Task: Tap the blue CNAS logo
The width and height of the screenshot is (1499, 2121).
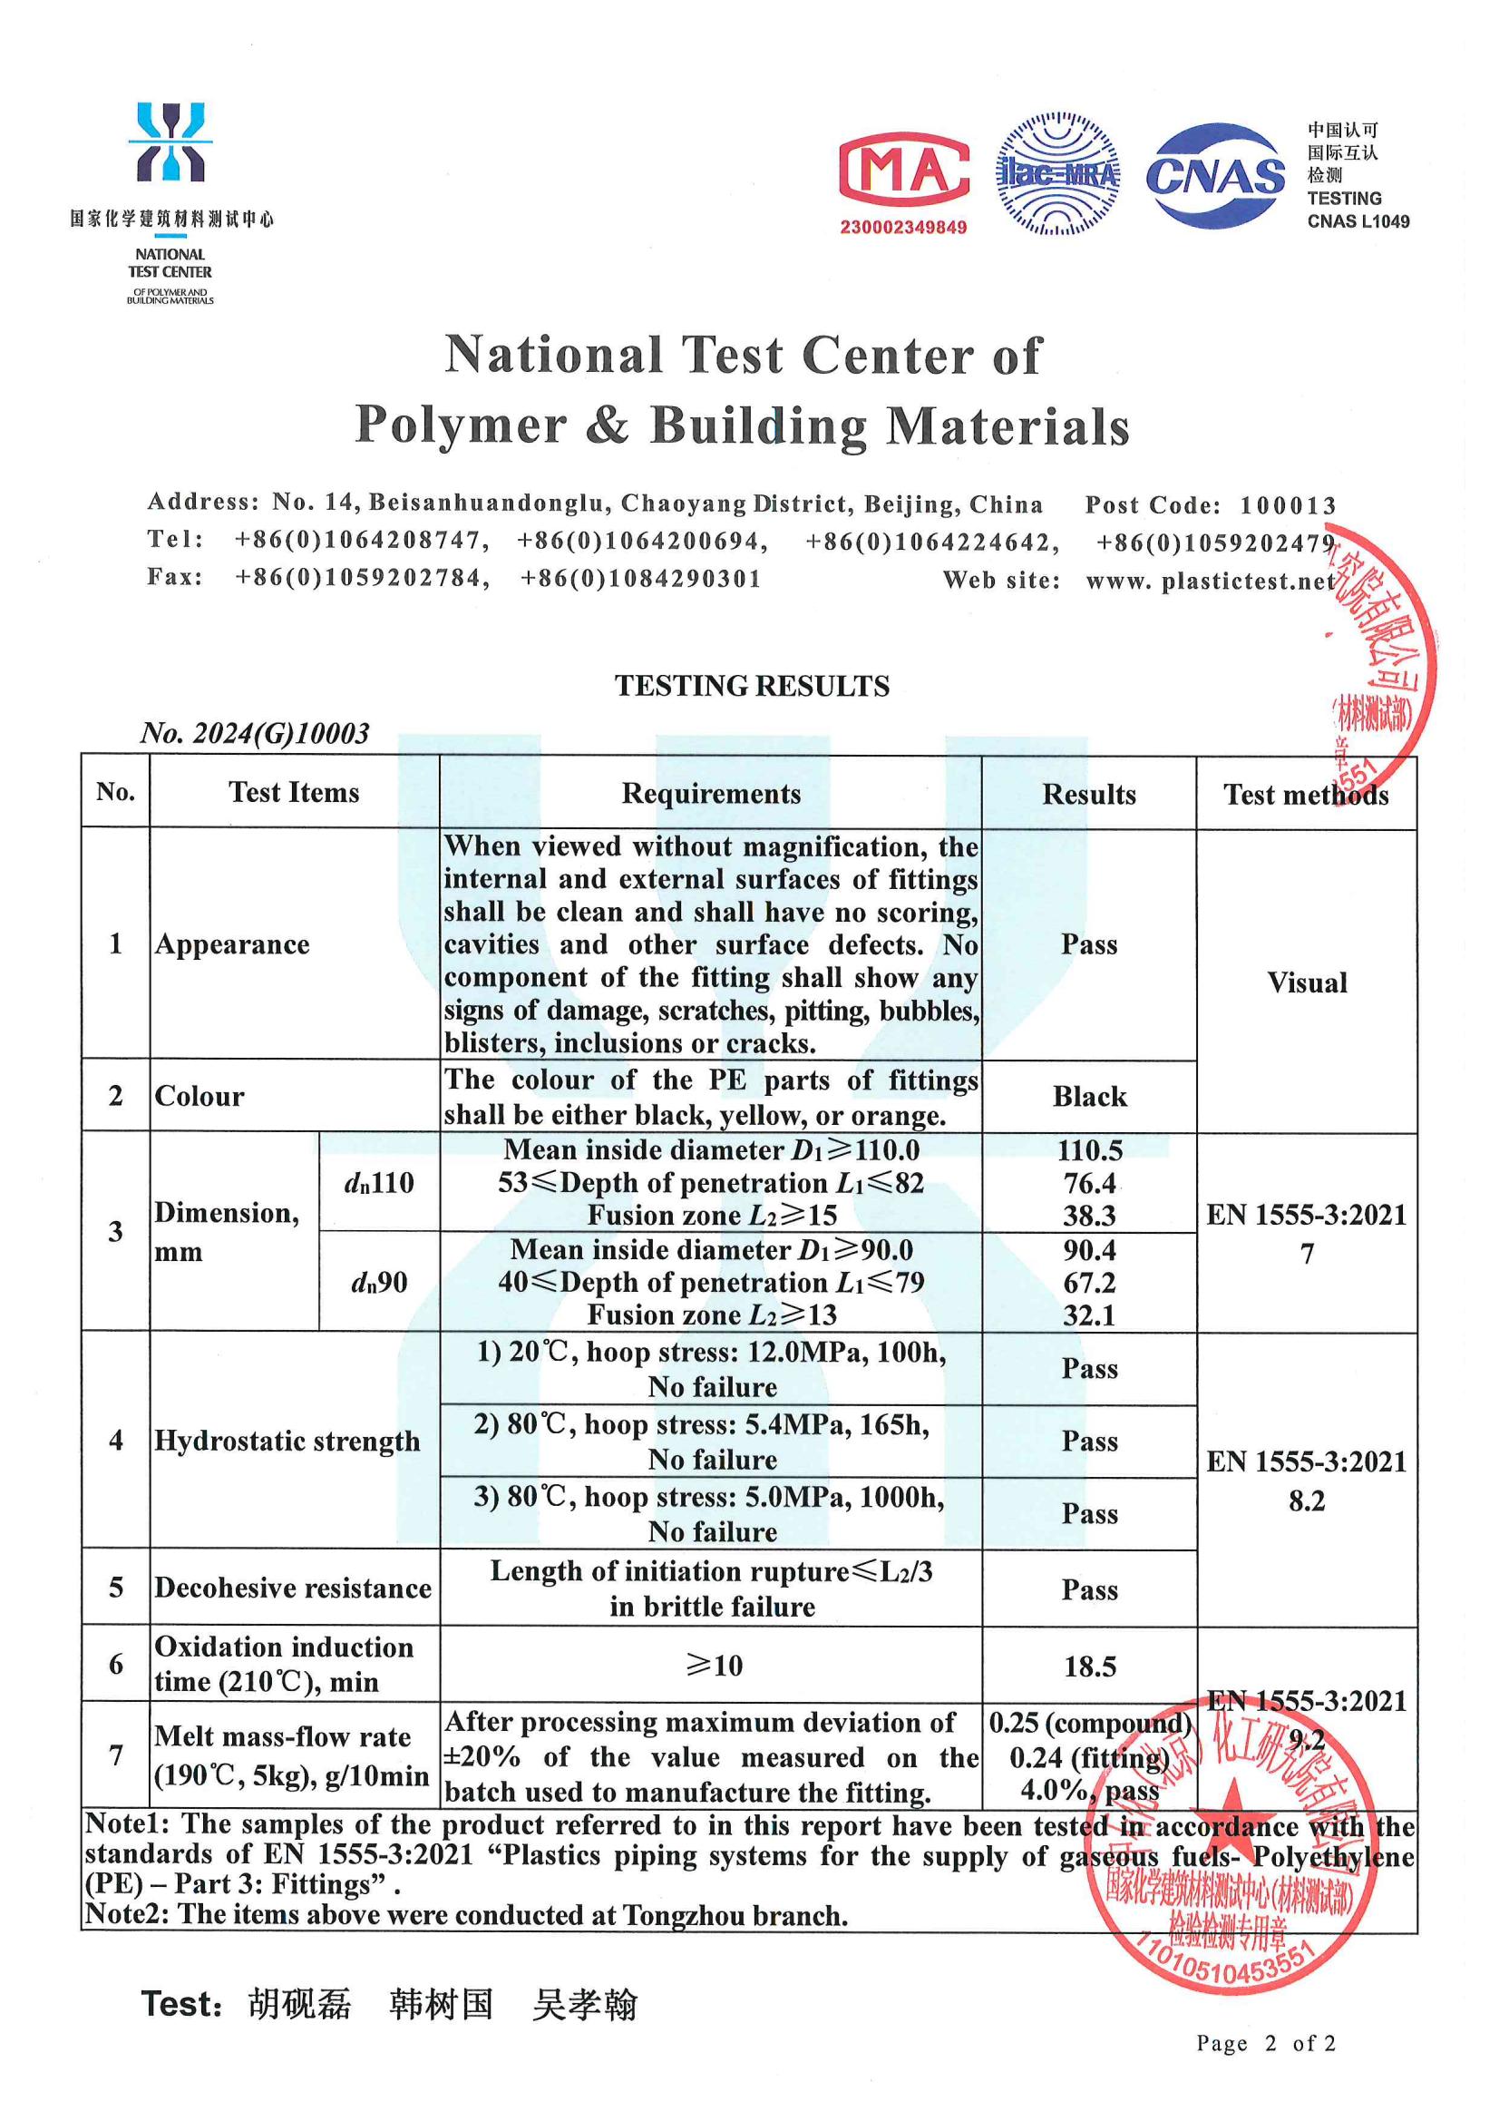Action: (x=1214, y=175)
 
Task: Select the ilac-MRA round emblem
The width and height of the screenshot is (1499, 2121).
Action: (x=1057, y=173)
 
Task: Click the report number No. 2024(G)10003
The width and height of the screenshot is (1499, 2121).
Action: (x=255, y=733)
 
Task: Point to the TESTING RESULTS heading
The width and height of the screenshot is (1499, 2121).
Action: (x=752, y=686)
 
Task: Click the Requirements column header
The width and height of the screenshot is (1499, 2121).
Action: (x=710, y=794)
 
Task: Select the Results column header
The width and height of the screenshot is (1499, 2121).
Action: (x=1089, y=795)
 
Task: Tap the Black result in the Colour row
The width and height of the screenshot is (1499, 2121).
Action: (x=1090, y=1097)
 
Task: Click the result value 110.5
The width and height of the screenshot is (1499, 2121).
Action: (x=1090, y=1150)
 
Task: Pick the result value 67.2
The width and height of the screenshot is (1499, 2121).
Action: (x=1090, y=1282)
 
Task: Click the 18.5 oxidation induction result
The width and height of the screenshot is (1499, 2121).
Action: (x=1090, y=1666)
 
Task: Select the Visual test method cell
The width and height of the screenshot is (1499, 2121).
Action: (x=1307, y=982)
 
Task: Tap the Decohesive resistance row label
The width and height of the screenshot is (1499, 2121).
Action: (x=293, y=1588)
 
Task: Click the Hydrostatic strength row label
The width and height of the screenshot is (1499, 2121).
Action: (x=287, y=1442)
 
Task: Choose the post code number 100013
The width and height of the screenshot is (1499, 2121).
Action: (x=1288, y=505)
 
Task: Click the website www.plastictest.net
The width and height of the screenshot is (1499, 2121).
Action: (x=1210, y=582)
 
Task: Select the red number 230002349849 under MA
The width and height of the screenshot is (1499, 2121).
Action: (x=903, y=227)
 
